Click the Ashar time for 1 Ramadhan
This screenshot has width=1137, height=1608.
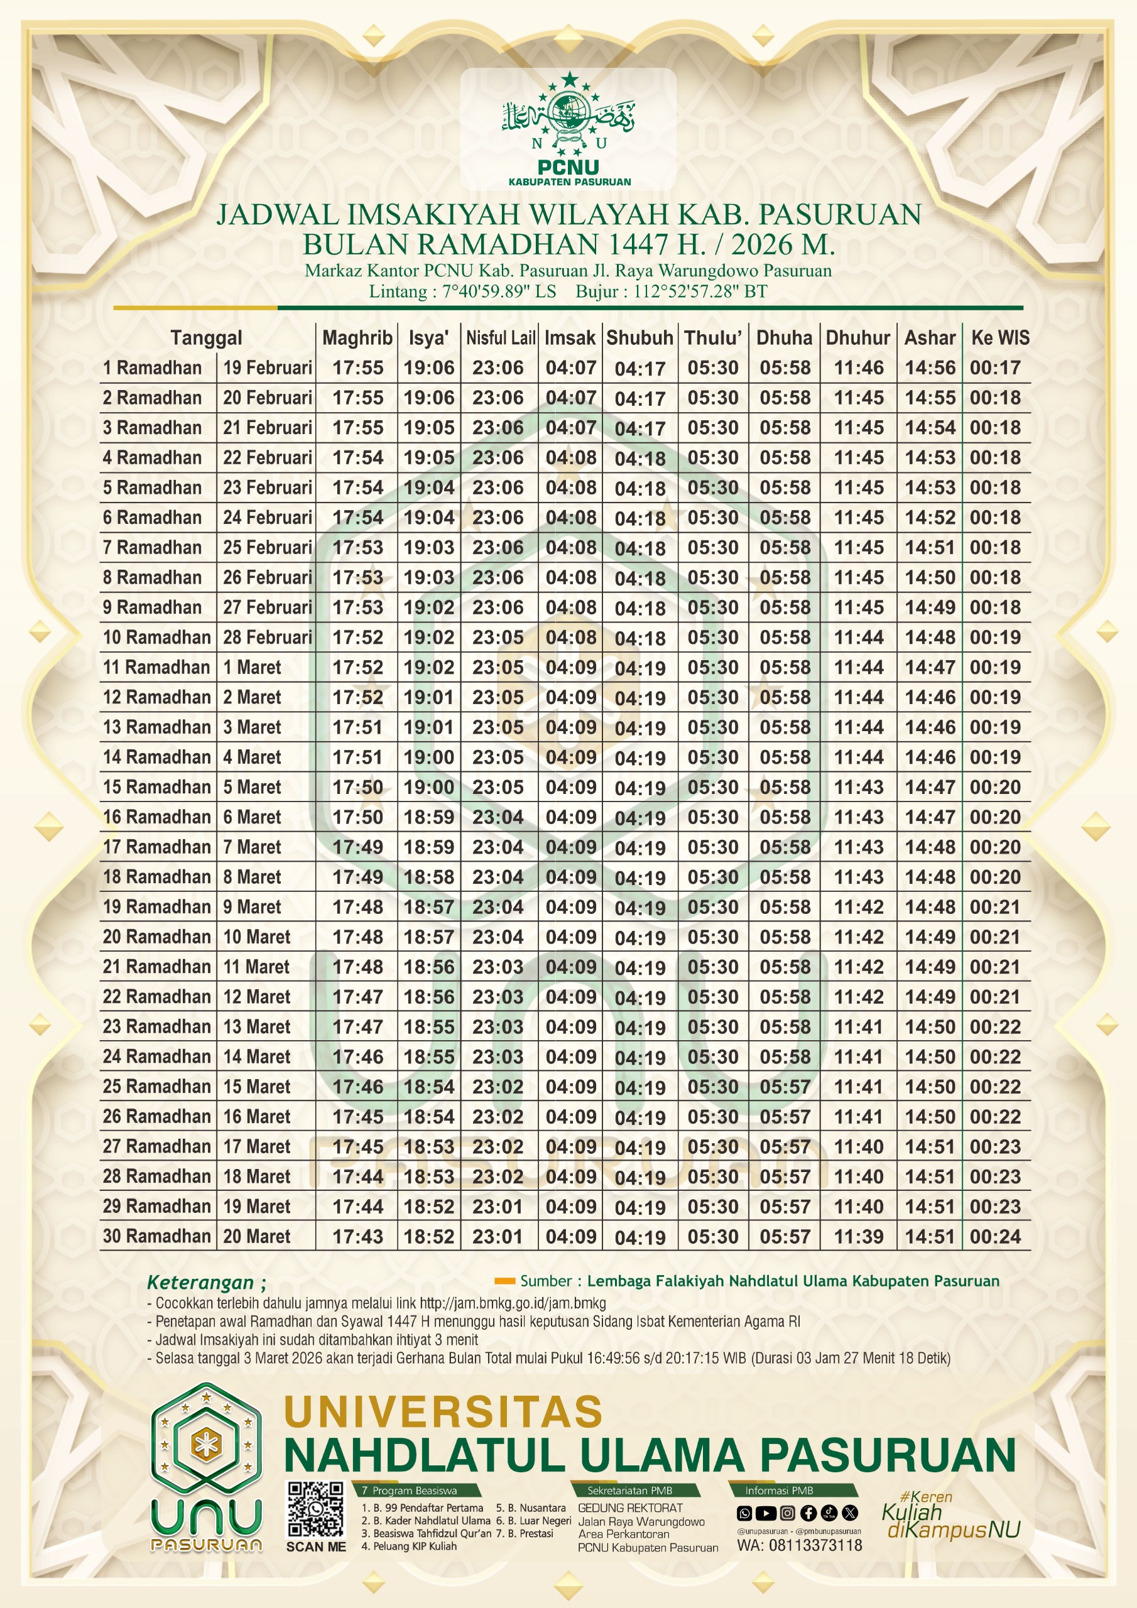tap(930, 367)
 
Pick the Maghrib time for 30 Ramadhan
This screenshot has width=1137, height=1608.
tap(357, 1236)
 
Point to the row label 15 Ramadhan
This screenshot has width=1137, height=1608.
tap(156, 786)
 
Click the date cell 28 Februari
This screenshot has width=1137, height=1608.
tap(267, 638)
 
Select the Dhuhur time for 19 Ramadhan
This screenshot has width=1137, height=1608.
tap(858, 907)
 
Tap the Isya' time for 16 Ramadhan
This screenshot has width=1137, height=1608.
tap(429, 817)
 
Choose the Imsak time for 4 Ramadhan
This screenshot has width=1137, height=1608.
tap(571, 457)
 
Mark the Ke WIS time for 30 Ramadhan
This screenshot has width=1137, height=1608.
tap(995, 1236)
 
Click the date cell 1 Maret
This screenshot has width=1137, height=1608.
tap(252, 668)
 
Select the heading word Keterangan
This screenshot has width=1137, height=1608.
tap(200, 1283)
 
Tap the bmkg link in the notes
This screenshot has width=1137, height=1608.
tap(513, 1303)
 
